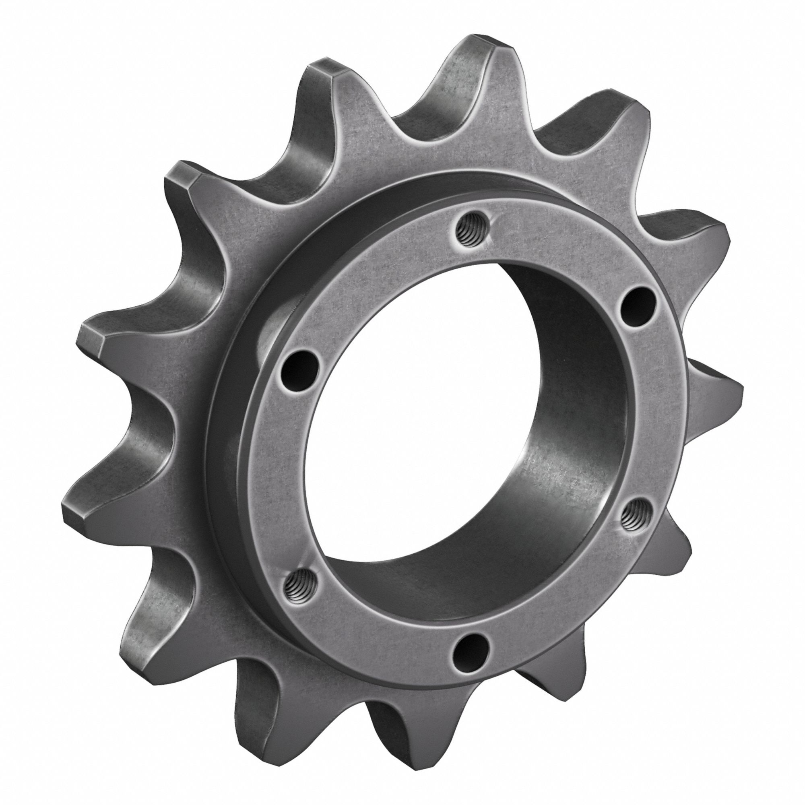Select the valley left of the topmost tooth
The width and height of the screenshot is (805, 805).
tap(417, 125)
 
